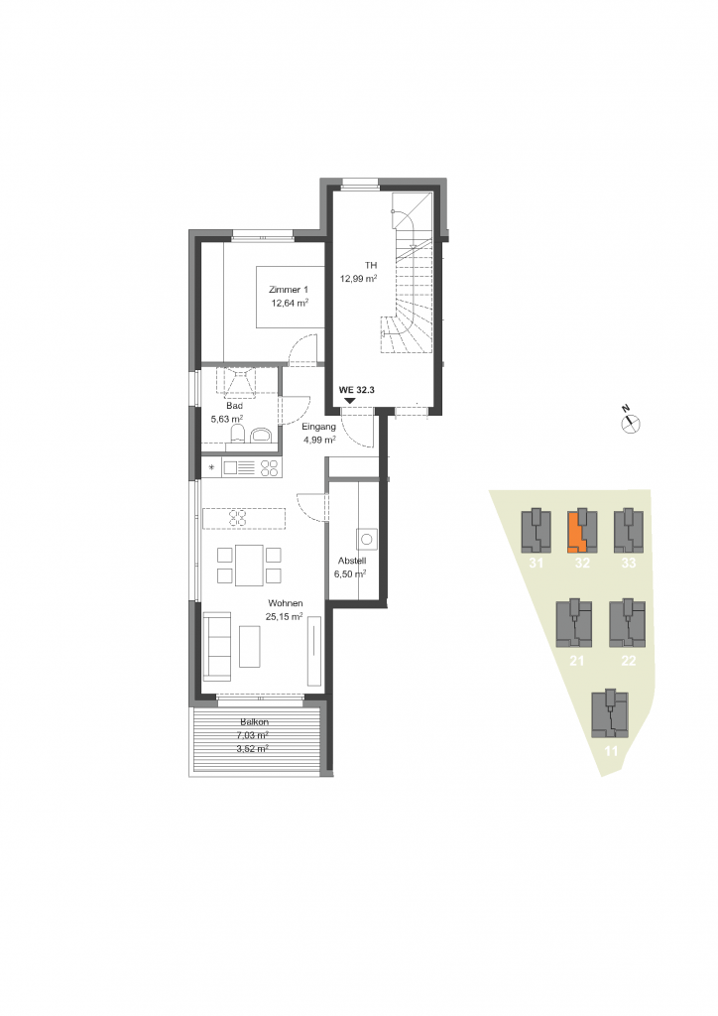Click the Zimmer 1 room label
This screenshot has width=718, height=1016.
[x=289, y=290]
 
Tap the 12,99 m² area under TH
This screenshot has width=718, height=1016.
[x=359, y=279]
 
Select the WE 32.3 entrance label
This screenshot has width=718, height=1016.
[x=357, y=390]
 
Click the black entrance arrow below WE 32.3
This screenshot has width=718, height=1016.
[x=349, y=401]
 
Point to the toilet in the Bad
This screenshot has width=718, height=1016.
[x=238, y=435]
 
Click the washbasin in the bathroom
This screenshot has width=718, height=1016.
[x=262, y=435]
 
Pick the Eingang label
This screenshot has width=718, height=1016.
[x=318, y=427]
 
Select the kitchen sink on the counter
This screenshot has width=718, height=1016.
[x=240, y=468]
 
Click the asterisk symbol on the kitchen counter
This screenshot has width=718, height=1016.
[x=211, y=467]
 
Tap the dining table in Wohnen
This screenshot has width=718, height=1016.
[x=249, y=565]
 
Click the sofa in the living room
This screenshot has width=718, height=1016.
[x=217, y=646]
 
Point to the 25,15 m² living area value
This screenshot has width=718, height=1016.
[x=285, y=617]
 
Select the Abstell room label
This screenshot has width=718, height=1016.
[x=352, y=561]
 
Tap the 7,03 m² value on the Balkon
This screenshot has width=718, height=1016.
[x=253, y=735]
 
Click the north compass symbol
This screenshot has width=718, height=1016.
[x=631, y=423]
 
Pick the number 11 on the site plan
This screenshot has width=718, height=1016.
[x=611, y=752]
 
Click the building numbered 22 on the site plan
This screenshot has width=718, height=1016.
[x=627, y=623]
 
